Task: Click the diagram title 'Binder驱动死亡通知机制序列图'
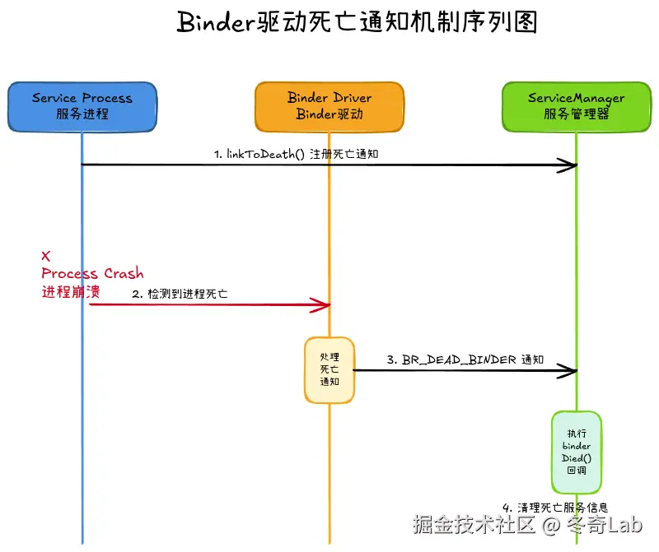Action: (357, 22)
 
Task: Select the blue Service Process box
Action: (82, 106)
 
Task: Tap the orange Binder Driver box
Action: (329, 106)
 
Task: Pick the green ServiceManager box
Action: (576, 106)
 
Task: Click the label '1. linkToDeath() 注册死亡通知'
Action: (296, 154)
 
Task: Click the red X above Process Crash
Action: (46, 256)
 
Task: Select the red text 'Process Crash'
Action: (92, 273)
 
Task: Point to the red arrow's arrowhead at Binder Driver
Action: (322, 305)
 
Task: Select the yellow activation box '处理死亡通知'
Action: (329, 370)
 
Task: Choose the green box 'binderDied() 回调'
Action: (577, 452)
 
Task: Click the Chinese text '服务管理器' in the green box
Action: (576, 114)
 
